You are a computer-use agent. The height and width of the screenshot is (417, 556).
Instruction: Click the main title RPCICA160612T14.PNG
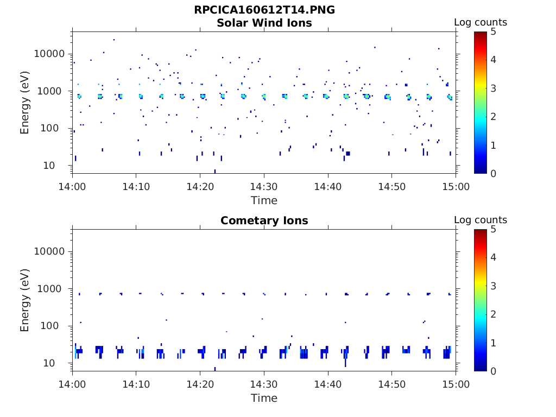264,10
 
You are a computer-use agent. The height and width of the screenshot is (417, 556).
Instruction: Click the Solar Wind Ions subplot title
264,23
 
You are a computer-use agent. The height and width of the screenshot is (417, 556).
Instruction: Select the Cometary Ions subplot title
264,221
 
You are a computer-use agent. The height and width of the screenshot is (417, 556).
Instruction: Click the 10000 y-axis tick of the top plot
49,54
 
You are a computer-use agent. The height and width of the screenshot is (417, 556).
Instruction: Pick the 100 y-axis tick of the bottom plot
57,326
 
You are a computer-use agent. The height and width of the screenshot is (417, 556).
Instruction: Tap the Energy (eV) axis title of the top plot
25,103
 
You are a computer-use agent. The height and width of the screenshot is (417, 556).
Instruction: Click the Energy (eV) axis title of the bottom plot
25,300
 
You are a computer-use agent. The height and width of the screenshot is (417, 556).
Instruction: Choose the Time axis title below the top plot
264,201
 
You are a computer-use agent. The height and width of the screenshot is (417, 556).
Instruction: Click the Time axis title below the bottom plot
264,399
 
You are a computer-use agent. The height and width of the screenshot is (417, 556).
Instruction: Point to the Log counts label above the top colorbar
480,23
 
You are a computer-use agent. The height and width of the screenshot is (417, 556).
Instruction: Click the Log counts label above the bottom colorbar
480,220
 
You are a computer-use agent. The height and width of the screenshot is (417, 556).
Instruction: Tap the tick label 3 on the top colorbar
494,88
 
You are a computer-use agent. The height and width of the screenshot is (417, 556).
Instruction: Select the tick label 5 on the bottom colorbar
494,230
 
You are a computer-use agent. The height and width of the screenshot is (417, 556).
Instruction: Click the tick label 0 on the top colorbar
494,173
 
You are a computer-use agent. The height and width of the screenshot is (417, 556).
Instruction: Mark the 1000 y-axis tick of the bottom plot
53,289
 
